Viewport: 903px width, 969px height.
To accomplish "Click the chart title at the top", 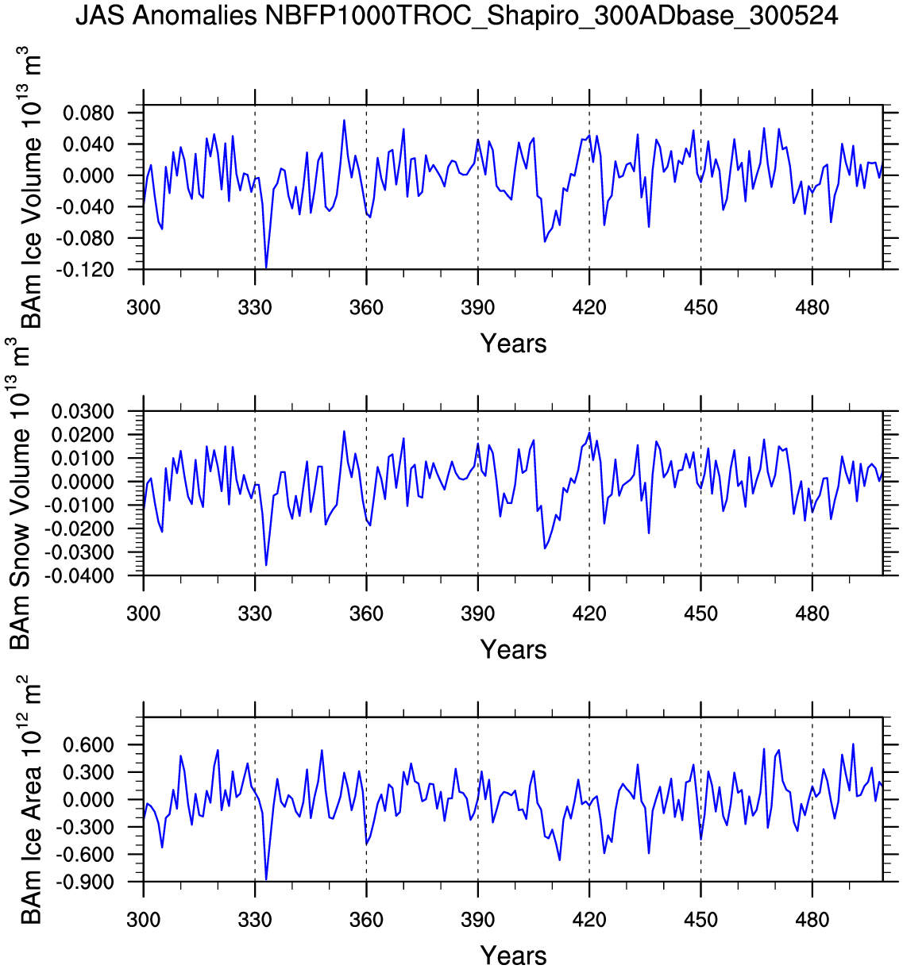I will [457, 16].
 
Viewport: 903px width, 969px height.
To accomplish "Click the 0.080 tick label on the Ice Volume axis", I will [89, 113].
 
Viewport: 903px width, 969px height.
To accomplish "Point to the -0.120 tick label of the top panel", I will [87, 270].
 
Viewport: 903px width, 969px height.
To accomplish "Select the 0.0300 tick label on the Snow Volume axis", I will [83, 412].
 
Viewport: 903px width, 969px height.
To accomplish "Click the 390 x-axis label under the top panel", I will [477, 308].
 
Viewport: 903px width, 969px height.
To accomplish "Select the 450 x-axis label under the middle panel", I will [700, 613].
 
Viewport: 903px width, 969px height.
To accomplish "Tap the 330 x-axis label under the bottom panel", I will [255, 921].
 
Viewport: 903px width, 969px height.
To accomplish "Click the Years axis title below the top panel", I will [513, 344].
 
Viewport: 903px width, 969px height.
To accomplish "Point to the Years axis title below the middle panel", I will [513, 650].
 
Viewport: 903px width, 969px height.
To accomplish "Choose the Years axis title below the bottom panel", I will [513, 956].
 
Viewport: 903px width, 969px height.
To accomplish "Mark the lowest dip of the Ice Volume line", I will [266, 268].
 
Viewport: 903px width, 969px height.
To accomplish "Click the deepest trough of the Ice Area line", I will [266, 879].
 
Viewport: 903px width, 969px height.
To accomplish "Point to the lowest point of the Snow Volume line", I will [266, 565].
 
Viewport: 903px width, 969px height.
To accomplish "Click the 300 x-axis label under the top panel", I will [143, 308].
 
